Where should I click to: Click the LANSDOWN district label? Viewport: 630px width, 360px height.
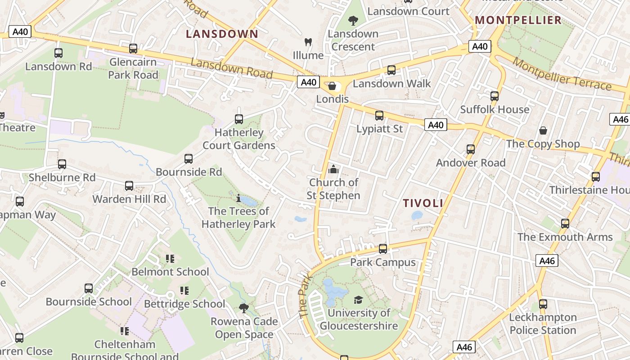coord(222,34)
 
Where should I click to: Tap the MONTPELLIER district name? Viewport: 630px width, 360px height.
coord(518,20)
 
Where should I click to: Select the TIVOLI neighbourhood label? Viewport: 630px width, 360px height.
coord(423,203)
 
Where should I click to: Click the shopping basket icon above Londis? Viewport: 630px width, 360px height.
coord(332,85)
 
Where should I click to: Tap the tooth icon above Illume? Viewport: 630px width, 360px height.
coord(308,42)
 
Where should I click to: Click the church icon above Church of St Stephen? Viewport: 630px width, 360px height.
coord(333,169)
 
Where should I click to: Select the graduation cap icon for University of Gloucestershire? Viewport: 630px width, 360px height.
coord(358,300)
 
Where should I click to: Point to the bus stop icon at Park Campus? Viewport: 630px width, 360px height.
coord(382,248)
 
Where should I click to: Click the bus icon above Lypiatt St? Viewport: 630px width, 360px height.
coord(379,116)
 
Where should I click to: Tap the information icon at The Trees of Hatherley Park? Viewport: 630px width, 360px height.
coord(238,198)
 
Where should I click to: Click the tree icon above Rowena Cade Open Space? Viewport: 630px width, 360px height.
coord(244,308)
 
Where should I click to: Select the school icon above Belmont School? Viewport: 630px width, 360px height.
coord(170,259)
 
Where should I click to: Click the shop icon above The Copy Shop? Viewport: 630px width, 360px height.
coord(543,131)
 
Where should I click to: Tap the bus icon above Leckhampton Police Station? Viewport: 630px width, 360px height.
coord(543,304)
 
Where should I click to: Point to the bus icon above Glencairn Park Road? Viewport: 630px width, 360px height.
coord(133,49)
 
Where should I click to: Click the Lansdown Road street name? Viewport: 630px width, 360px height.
coord(232,67)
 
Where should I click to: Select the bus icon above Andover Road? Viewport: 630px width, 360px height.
coord(471,149)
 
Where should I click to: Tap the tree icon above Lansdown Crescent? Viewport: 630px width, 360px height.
coord(353,20)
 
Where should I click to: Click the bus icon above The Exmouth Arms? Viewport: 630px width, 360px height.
coord(565,224)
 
